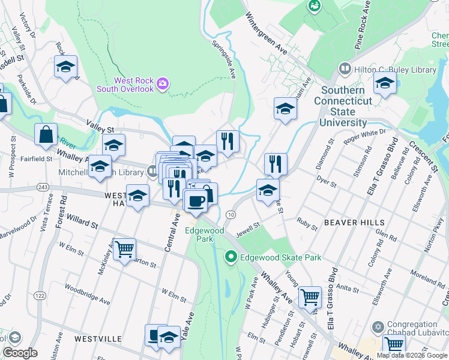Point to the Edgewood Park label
(x=205, y=234)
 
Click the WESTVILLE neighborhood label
(x=99, y=339)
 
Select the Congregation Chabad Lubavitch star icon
(x=377, y=327)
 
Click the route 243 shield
(x=42, y=187)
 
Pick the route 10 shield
(x=230, y=214)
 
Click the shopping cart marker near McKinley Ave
(x=124, y=248)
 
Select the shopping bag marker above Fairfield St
(x=46, y=135)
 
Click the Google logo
(x=20, y=353)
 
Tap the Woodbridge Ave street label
(x=88, y=294)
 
